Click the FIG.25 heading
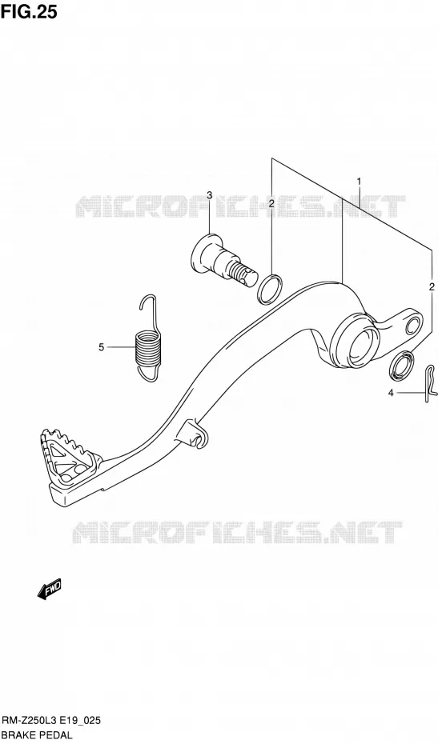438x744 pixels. pos(29,11)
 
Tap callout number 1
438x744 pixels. pos(360,182)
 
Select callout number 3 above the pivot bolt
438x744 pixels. pos(209,195)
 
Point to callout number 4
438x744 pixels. pos(391,393)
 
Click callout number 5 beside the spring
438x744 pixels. pos(101,347)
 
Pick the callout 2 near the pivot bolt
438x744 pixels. pos(271,204)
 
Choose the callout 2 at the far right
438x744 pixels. pos(432,286)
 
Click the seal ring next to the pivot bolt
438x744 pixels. pos(271,289)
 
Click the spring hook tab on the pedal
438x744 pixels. pos(195,434)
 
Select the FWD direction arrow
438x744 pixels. pos(49,590)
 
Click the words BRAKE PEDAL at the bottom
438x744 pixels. pos(37,735)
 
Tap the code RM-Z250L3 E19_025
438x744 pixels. pos(52,722)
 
